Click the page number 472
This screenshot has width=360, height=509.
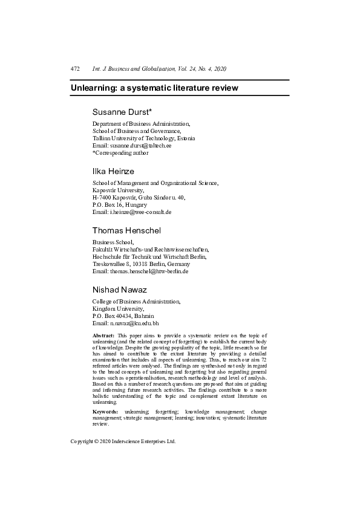[x=76, y=70]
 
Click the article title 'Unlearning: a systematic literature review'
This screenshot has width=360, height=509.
[x=154, y=88]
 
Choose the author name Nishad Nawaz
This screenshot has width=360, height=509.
[x=124, y=290]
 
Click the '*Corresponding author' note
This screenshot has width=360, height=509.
[x=120, y=153]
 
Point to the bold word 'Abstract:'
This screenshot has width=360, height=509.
[x=103, y=335]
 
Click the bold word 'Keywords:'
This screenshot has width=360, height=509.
[x=105, y=411]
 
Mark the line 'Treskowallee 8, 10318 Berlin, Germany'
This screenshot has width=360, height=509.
[x=141, y=264]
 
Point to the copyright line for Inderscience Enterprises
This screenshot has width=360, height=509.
[x=123, y=441]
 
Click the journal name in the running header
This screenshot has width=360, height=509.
[x=159, y=70]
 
